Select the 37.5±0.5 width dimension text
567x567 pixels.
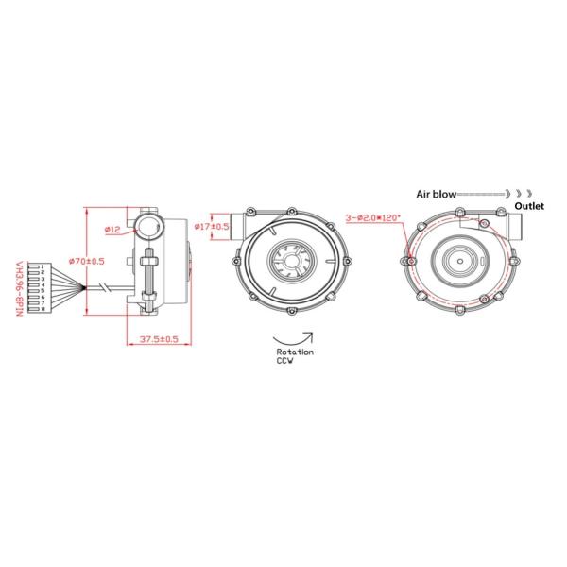(x=158, y=339)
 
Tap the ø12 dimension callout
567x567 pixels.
(x=112, y=230)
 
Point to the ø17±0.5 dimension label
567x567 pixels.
(x=212, y=227)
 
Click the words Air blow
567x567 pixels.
(x=438, y=193)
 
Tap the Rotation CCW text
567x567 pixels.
(x=295, y=355)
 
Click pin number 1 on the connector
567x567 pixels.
(x=43, y=268)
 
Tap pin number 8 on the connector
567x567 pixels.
(x=43, y=308)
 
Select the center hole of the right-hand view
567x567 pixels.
(x=460, y=259)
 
